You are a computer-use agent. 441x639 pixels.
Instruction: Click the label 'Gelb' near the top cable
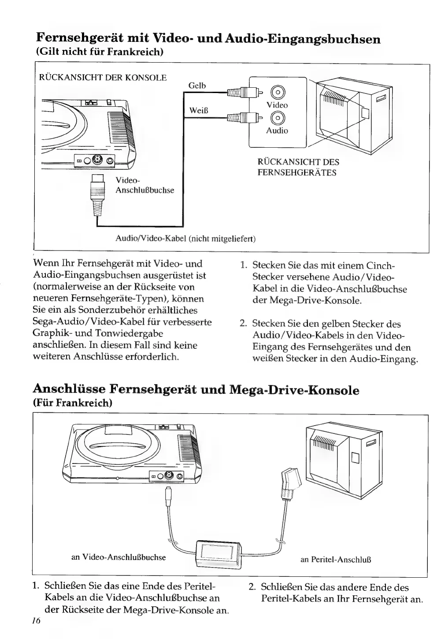pos(197,86)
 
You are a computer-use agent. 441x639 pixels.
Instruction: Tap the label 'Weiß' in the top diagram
pos(198,110)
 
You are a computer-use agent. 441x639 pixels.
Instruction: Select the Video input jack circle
pos(277,92)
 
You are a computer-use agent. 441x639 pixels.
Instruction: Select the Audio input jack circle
pos(277,118)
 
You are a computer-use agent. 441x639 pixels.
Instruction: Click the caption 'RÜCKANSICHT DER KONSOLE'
pos(103,78)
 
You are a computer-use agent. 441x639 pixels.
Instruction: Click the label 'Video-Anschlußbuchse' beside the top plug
pos(145,185)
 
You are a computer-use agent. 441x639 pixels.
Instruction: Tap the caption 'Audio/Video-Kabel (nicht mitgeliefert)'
pos(185,239)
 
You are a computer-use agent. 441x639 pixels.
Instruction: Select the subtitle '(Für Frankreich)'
pos(73,403)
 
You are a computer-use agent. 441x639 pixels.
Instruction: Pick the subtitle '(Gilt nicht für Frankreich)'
pos(100,52)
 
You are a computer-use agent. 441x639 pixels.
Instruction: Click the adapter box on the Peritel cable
pos(218,553)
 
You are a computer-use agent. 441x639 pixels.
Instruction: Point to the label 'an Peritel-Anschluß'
pos(336,560)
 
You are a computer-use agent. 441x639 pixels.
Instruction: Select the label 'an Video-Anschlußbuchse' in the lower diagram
pos(119,557)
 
